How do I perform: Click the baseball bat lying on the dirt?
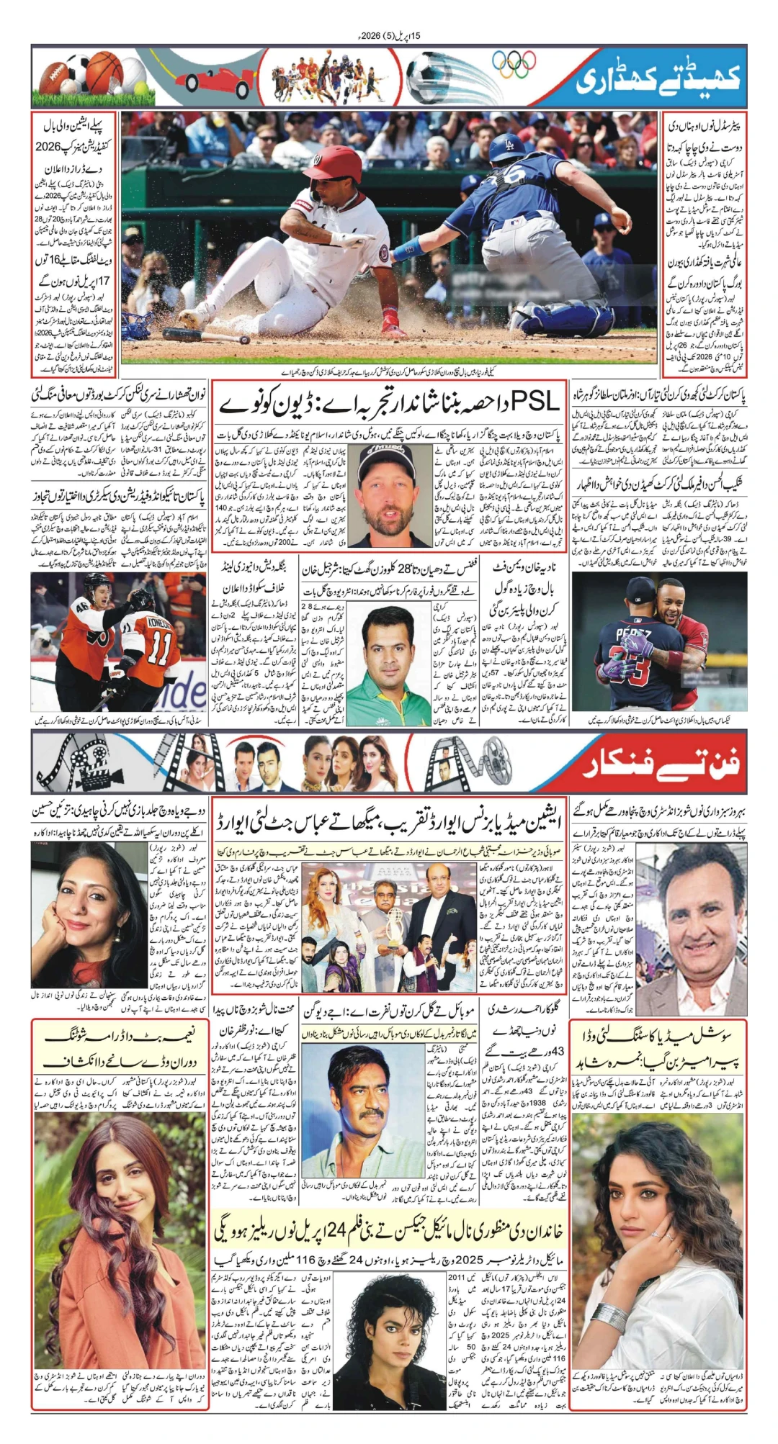[x=205, y=335]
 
